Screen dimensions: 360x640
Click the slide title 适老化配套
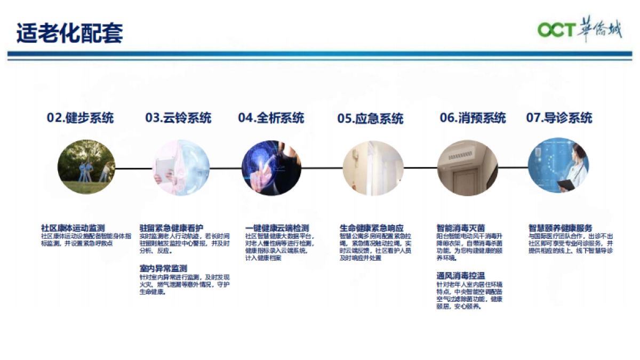click(x=70, y=33)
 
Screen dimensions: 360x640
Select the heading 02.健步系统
click(x=80, y=117)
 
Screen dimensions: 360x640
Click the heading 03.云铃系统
click(x=178, y=117)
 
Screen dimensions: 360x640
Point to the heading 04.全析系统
click(x=271, y=117)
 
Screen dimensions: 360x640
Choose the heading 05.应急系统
click(x=370, y=118)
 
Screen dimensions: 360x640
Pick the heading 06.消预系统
click(x=473, y=117)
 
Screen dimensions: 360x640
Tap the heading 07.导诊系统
click(x=559, y=117)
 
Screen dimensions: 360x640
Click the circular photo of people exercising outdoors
click(x=86, y=169)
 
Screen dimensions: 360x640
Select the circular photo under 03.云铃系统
click(x=181, y=169)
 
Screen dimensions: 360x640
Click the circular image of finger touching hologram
click(x=271, y=169)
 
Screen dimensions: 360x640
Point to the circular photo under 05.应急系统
click(x=373, y=169)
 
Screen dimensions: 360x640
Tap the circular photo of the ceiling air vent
click(x=467, y=169)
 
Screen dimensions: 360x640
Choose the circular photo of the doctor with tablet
click(x=558, y=169)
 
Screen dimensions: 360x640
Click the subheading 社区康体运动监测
click(x=73, y=228)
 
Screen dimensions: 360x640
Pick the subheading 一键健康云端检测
click(x=277, y=228)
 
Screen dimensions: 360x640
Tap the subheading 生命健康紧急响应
click(x=372, y=228)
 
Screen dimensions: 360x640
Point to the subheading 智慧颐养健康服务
click(x=561, y=228)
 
